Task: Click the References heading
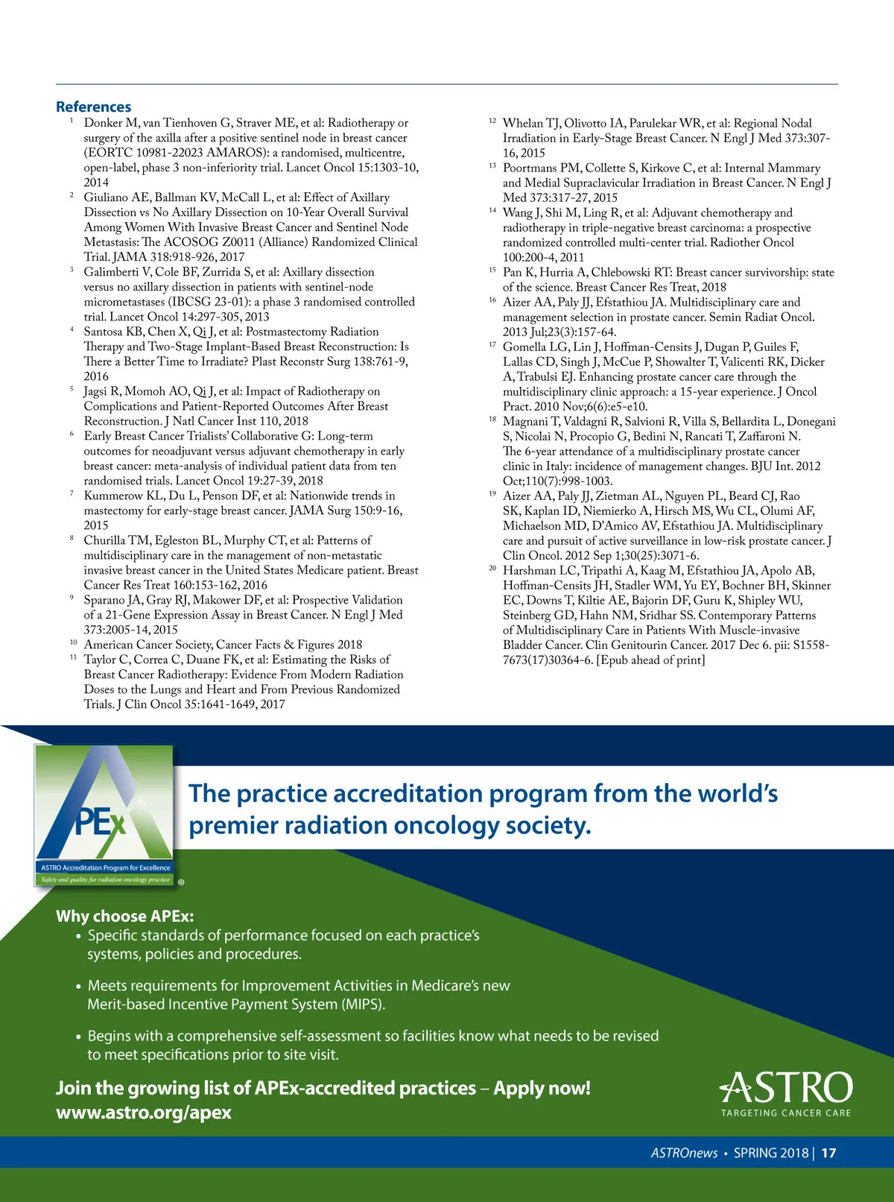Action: tap(93, 107)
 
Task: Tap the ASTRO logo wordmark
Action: tap(787, 1088)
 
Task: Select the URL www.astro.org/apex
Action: tap(144, 1113)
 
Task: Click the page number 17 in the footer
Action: tap(828, 1153)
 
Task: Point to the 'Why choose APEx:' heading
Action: tap(124, 916)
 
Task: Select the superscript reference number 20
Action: tap(492, 568)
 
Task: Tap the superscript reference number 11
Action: tap(73, 657)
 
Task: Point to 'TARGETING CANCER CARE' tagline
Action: tap(785, 1113)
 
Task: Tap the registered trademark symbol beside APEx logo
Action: tap(181, 882)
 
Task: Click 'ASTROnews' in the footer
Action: tap(684, 1153)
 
